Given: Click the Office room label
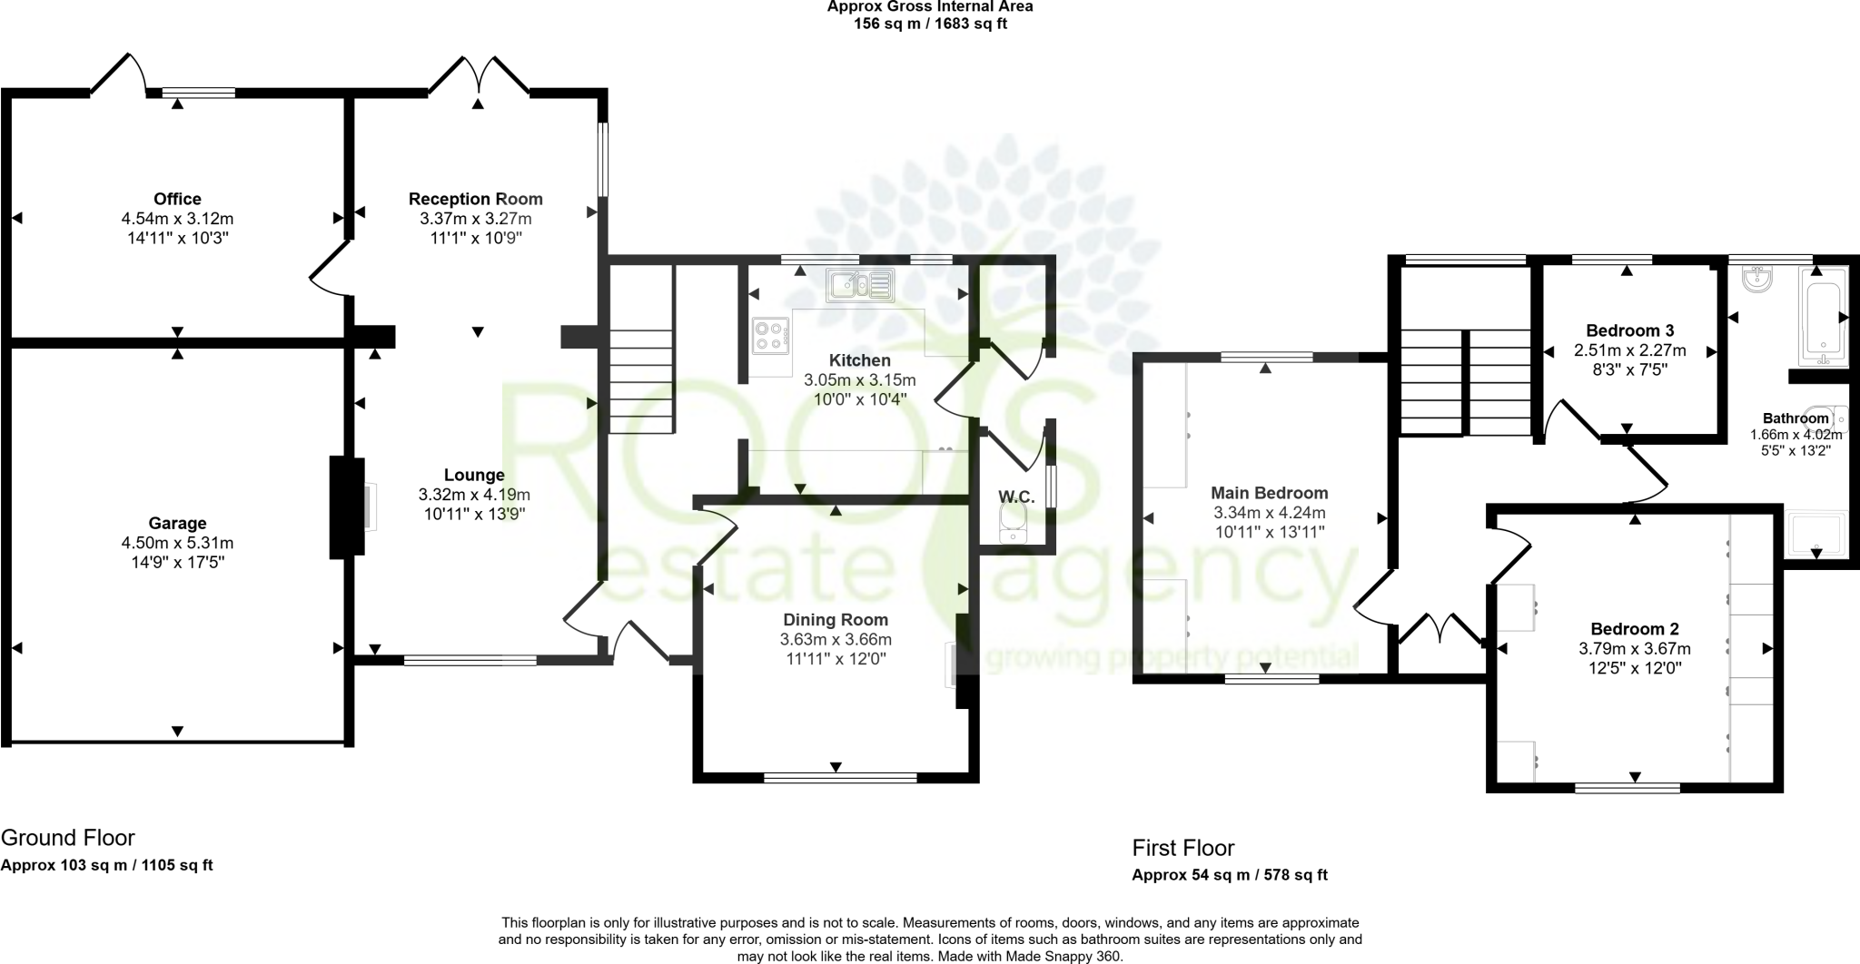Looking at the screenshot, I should pyautogui.click(x=177, y=199).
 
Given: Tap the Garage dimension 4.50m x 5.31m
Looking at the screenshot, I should pyautogui.click(x=177, y=543).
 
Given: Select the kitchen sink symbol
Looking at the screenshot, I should pyautogui.click(x=859, y=284).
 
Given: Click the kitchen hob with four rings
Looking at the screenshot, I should pyautogui.click(x=770, y=335).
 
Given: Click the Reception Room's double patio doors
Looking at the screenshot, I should pyautogui.click(x=479, y=76).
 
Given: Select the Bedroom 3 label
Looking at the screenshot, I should pyautogui.click(x=1629, y=330).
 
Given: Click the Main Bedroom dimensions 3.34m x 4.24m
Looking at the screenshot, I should pyautogui.click(x=1269, y=513).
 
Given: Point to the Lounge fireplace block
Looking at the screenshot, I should pyautogui.click(x=345, y=507).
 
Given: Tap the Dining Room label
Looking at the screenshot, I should pyautogui.click(x=836, y=620).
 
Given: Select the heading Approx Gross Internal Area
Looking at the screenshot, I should pyautogui.click(x=929, y=6).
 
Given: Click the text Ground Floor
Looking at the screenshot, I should pyautogui.click(x=68, y=837).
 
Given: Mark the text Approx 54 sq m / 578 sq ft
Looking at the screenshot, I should pyautogui.click(x=1229, y=875).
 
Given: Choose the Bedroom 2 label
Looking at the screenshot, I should pyautogui.click(x=1634, y=629).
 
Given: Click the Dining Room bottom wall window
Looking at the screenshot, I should pyautogui.click(x=840, y=777).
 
